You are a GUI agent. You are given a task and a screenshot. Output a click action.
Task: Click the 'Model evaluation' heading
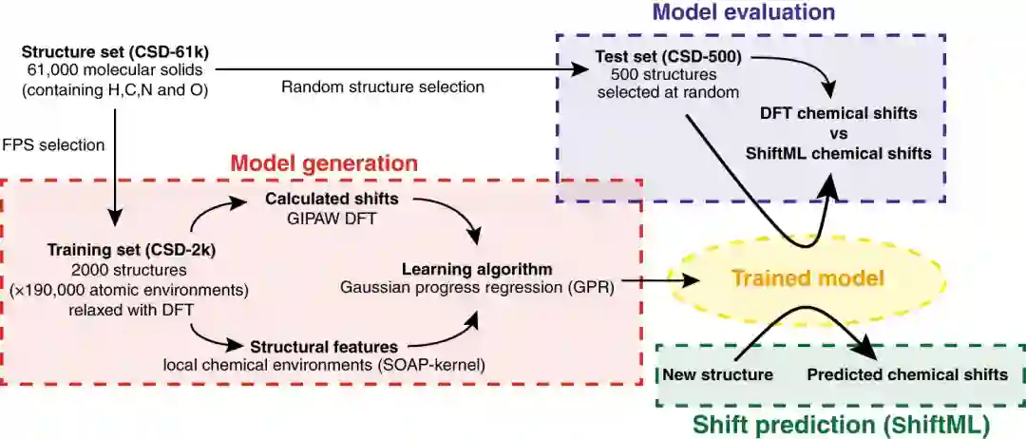(743, 12)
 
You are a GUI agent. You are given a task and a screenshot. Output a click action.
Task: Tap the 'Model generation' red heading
(323, 162)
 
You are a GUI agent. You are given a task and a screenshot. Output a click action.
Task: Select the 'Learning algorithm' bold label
(476, 269)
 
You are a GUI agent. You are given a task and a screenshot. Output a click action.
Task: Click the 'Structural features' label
(323, 347)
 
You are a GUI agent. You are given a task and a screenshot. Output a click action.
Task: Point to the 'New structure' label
(716, 374)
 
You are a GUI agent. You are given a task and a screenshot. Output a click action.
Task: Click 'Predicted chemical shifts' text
(906, 374)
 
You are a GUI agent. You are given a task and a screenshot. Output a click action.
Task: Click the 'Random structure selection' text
(383, 86)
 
